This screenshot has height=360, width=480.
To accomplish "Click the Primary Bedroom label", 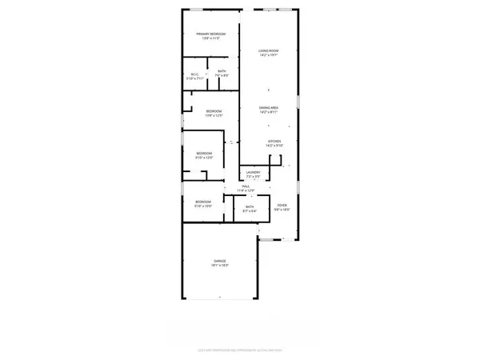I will pyautogui.click(x=212, y=34).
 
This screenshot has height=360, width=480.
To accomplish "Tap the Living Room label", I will pyautogui.click(x=268, y=51).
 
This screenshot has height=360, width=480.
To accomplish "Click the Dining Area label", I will pyautogui.click(x=269, y=107).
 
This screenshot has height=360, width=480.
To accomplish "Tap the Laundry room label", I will pyautogui.click(x=253, y=172).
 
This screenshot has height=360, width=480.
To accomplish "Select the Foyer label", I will pyautogui.click(x=282, y=205).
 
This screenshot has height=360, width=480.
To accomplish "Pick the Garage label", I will pyautogui.click(x=220, y=261).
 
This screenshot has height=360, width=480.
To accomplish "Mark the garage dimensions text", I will pyautogui.click(x=220, y=266).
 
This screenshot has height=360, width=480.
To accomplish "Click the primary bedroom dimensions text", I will pyautogui.click(x=212, y=38).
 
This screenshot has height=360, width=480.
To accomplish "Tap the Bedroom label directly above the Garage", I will pyautogui.click(x=204, y=201).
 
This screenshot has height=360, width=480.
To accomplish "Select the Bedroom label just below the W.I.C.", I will pyautogui.click(x=214, y=111).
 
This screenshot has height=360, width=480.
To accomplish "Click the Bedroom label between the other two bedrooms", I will pyautogui.click(x=205, y=153).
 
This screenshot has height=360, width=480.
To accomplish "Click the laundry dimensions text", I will pyautogui.click(x=253, y=176).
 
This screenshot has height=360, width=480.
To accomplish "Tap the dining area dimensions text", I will pyautogui.click(x=269, y=112).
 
